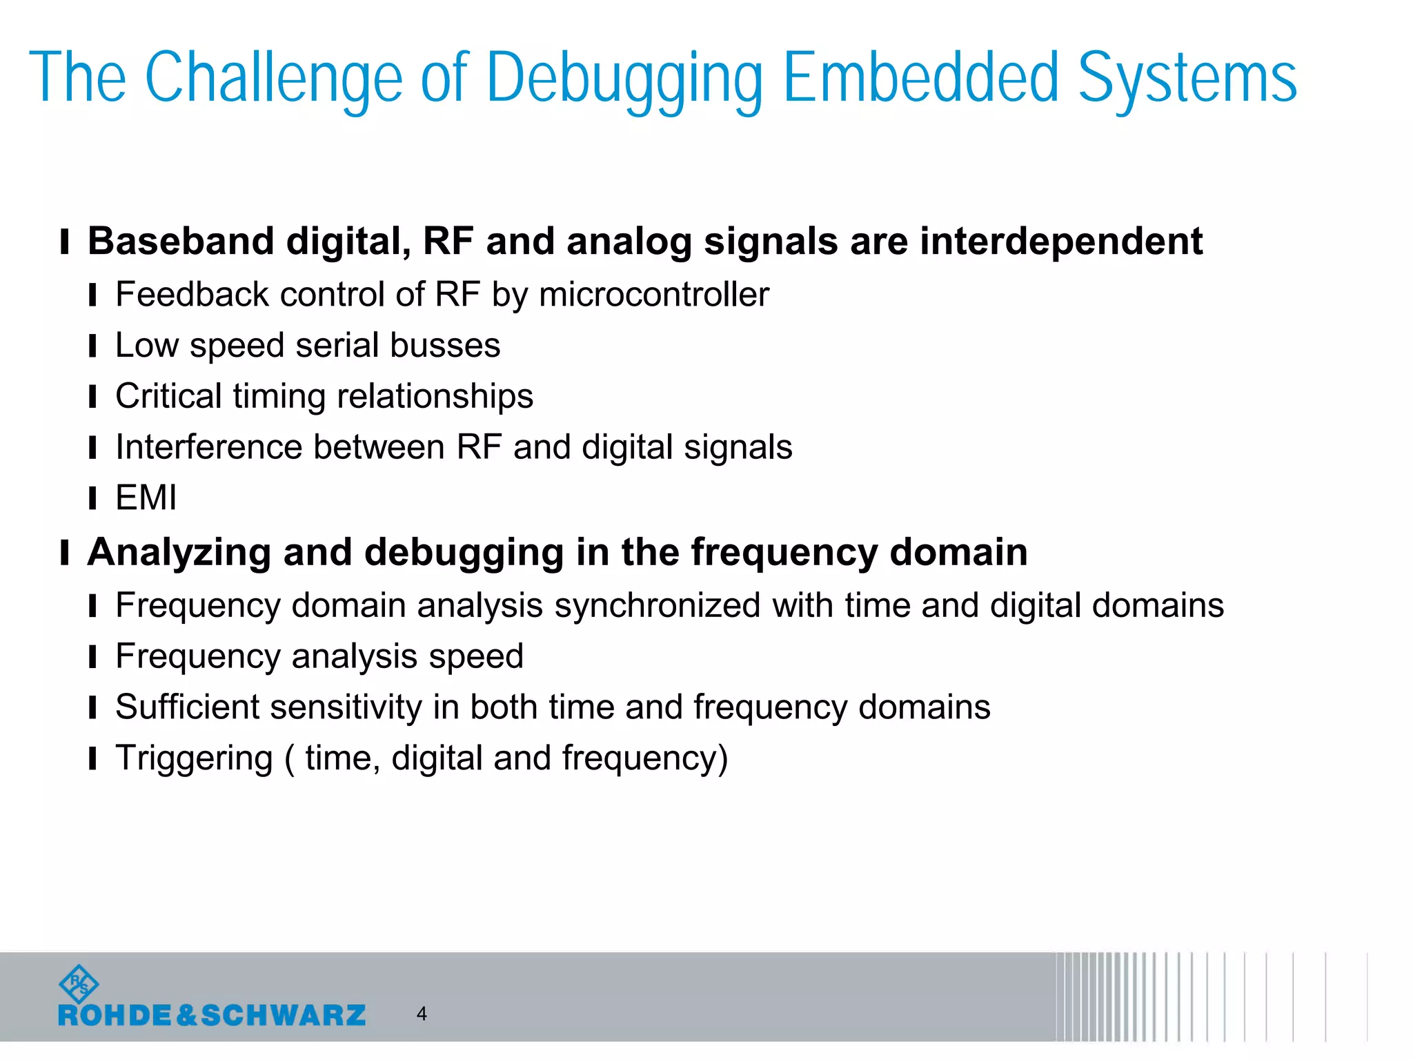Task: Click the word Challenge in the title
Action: [x=273, y=78]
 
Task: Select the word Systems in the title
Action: [x=1187, y=78]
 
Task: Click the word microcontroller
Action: [x=653, y=295]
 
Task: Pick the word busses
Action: [x=445, y=345]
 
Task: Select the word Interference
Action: [x=209, y=447]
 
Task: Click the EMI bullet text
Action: [x=146, y=498]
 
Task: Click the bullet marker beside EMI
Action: [x=92, y=498]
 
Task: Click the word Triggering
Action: [x=194, y=758]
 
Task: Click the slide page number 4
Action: [x=422, y=1014]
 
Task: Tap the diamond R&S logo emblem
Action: [x=79, y=984]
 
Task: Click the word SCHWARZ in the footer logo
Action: [x=284, y=1015]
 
